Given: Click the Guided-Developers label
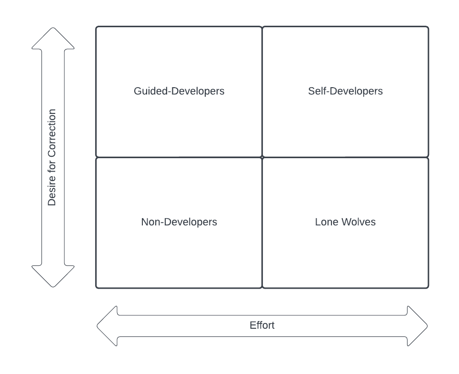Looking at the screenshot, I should pos(179,91).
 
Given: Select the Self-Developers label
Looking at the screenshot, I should pos(345,91).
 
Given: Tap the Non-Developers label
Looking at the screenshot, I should pos(179,222).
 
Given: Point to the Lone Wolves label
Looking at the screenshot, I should pos(345,222).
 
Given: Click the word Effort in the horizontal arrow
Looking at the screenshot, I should pos(262,325).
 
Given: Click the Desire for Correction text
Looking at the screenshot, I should pos(52,157).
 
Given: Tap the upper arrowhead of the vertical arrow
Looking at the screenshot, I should pos(53,38).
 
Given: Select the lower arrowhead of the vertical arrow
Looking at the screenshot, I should pos(53,277).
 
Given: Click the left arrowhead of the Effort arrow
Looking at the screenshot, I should pos(107,326).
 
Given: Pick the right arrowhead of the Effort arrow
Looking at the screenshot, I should pos(417,326).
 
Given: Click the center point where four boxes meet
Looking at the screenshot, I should pos(262,157).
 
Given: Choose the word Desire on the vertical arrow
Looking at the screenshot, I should pos(52,193).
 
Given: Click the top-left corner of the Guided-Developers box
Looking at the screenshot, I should pos(97,27).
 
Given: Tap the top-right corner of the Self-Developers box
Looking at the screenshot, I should pos(428,27).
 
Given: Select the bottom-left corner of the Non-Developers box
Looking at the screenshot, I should pos(97,287).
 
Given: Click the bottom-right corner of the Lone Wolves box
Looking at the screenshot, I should pos(428,287).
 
